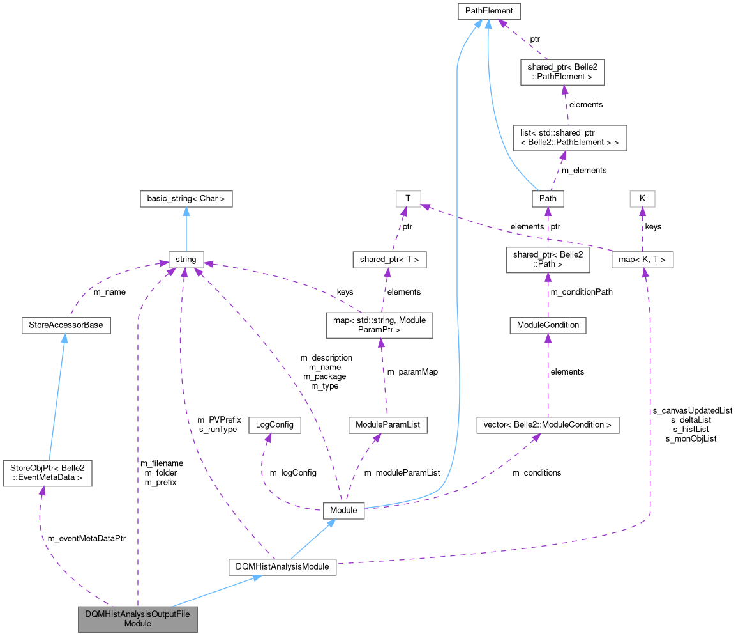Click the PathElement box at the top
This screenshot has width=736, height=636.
[489, 12]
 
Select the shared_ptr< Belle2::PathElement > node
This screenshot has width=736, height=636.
[562, 72]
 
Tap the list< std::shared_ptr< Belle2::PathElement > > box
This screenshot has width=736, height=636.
[570, 137]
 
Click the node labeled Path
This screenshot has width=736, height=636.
[548, 199]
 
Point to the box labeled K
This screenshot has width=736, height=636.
[642, 199]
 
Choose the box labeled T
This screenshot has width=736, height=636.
[408, 199]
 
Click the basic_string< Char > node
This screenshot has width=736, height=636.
[186, 199]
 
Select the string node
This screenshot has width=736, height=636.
[186, 260]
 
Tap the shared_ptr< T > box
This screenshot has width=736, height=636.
[389, 260]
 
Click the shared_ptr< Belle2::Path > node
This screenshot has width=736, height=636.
[547, 260]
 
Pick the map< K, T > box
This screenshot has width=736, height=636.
[642, 260]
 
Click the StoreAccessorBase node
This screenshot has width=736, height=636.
[66, 325]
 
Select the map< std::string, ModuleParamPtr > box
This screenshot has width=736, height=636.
[379, 325]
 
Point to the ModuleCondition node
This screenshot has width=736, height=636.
[547, 325]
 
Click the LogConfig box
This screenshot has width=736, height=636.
[274, 424]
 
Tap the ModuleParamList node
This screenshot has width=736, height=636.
[387, 424]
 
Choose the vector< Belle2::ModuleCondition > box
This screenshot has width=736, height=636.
[548, 424]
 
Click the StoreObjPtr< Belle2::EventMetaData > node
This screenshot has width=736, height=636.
[47, 473]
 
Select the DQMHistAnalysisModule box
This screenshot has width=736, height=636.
[282, 566]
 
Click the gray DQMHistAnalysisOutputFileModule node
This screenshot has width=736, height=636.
[137, 618]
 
